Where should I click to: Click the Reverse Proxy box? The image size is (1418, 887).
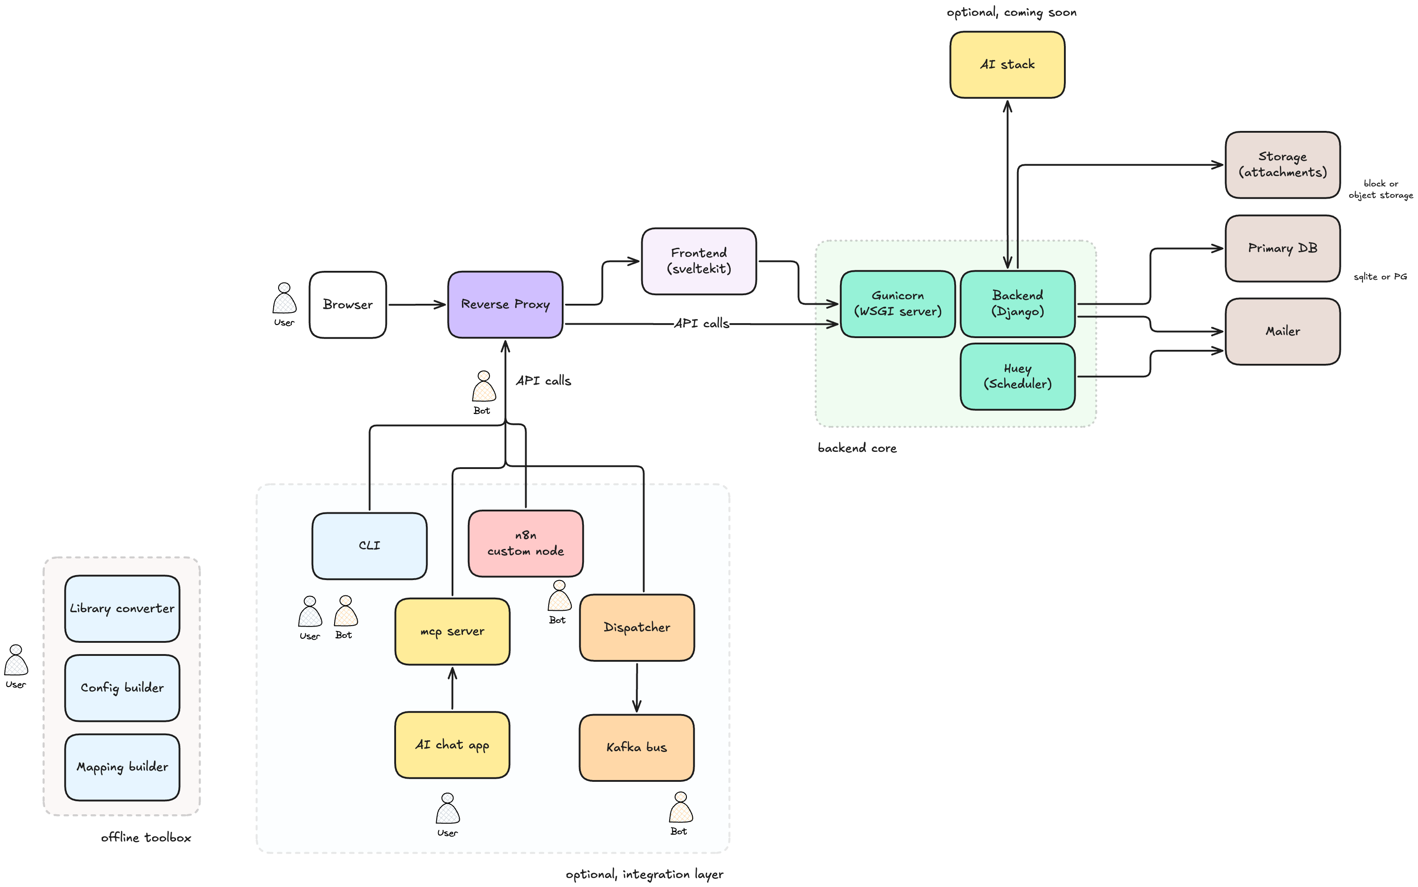coord(505,304)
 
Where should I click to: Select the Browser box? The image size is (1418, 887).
coord(347,304)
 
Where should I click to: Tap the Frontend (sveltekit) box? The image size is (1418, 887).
coord(699,261)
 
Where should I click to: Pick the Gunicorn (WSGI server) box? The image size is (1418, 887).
coord(897,304)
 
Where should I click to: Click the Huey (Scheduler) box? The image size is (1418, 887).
coord(1017,376)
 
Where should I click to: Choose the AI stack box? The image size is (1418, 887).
coord(1007,65)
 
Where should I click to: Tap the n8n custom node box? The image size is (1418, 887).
coord(525,543)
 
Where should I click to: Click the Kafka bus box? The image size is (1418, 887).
coord(636,748)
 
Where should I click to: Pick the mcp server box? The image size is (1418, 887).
coord(452,631)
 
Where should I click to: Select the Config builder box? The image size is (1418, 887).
coord(122,687)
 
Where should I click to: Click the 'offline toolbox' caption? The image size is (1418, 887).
coord(145,838)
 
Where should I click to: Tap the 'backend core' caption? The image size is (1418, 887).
coord(857,448)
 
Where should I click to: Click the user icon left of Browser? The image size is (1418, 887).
coord(284,299)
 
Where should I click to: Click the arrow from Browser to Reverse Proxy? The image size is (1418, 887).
coord(417,304)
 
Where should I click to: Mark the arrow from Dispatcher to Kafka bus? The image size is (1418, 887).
coord(637,687)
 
